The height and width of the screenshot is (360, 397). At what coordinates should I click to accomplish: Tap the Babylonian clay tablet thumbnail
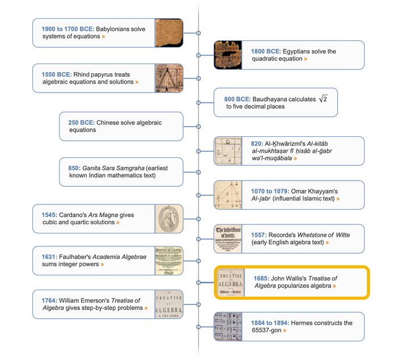pos(169,32)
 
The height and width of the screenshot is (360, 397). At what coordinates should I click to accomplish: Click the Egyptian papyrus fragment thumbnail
pos(228,55)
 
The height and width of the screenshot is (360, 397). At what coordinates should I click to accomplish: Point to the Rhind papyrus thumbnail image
pos(169,78)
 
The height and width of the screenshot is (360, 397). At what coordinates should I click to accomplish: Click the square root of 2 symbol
pos(323,99)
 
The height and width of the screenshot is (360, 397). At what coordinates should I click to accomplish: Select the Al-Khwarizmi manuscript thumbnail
pos(228,151)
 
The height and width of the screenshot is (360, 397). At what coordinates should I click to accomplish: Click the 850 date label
pos(74,168)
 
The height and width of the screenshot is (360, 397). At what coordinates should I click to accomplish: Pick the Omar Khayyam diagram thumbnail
pos(228,195)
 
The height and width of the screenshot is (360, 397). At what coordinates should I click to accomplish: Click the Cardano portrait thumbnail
pos(169,219)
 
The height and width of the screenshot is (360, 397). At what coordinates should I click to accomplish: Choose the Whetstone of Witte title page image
pos(228,238)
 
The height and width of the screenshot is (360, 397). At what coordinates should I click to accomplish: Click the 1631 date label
pos(48,257)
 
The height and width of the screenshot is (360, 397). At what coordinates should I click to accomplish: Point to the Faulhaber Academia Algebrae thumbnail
pos(169,261)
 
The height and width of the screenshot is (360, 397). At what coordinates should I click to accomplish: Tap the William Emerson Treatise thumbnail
pos(169,304)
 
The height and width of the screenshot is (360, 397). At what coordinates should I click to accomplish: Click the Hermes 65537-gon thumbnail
pos(228,326)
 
